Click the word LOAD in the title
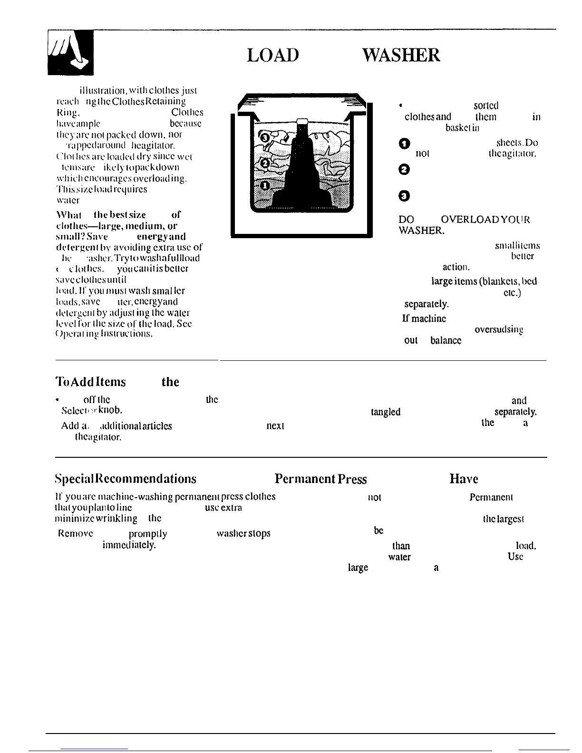[x=272, y=55]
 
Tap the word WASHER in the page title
[x=401, y=55]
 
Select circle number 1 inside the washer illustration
[x=265, y=185]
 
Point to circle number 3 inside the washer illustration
[x=265, y=138]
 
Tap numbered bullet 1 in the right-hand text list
[x=404, y=144]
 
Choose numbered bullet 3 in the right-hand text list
[x=404, y=195]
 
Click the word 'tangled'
[x=385, y=412]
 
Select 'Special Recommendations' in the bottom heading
[x=126, y=479]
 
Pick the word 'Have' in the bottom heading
[x=464, y=479]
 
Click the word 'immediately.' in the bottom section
[x=129, y=546]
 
